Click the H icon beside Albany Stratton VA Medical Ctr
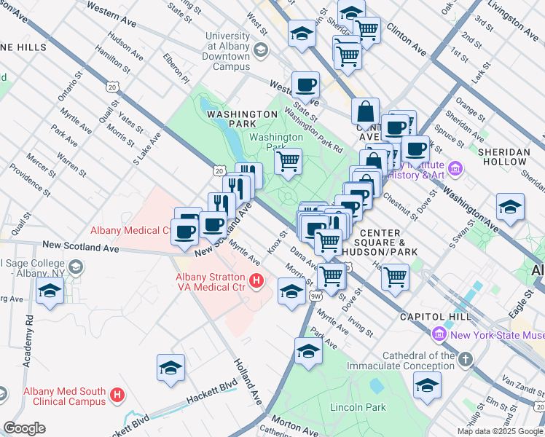pyautogui.click(x=256, y=280)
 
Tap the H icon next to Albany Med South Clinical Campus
pyautogui.click(x=117, y=396)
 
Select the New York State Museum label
pyautogui.click(x=495, y=335)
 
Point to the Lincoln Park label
pyautogui.click(x=358, y=407)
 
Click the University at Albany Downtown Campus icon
pyautogui.click(x=262, y=50)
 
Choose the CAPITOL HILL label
pyautogui.click(x=431, y=318)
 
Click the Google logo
pyautogui.click(x=24, y=428)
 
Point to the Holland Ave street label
pyautogui.click(x=248, y=382)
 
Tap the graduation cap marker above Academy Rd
pyautogui.click(x=50, y=291)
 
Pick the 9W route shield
pyautogui.click(x=315, y=296)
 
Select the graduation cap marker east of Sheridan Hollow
pyautogui.click(x=510, y=207)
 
